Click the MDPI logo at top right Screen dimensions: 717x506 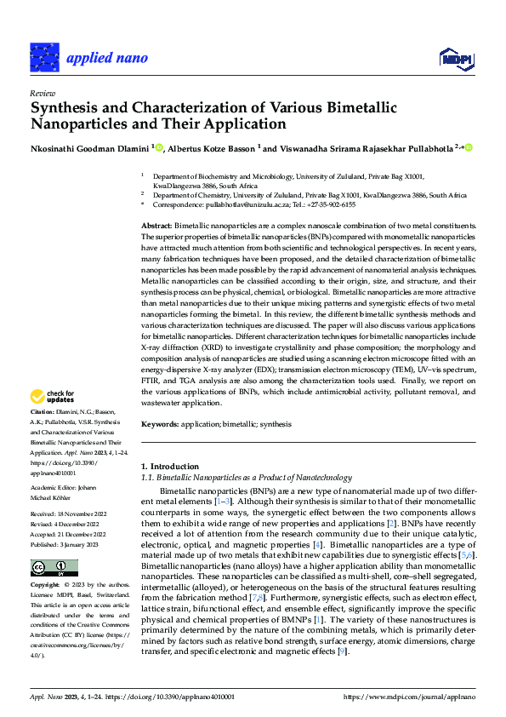(455, 57)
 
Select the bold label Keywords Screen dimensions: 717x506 (161, 424)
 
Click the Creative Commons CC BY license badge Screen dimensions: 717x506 (54, 567)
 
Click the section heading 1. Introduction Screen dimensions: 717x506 (169, 467)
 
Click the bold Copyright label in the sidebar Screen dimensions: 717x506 (45, 586)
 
